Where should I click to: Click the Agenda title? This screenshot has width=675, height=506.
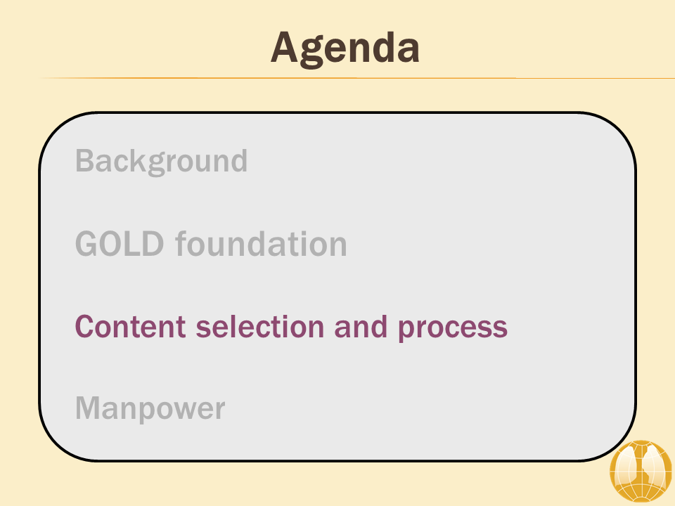pyautogui.click(x=345, y=48)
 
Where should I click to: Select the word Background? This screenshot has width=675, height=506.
pyautogui.click(x=162, y=162)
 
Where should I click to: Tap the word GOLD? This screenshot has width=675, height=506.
pyautogui.click(x=120, y=244)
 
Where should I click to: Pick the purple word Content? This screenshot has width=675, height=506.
pyautogui.click(x=131, y=327)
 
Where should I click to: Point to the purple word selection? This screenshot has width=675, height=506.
pyautogui.click(x=260, y=326)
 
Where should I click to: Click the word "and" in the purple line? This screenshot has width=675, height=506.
pyautogui.click(x=361, y=326)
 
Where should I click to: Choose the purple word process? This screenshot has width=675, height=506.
pyautogui.click(x=452, y=329)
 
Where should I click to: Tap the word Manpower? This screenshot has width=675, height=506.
pyautogui.click(x=150, y=408)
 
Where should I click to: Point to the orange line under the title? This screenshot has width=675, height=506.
pyautogui.click(x=356, y=78)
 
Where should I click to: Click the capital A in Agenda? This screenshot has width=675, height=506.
pyautogui.click(x=285, y=47)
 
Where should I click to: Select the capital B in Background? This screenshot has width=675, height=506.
pyautogui.click(x=84, y=160)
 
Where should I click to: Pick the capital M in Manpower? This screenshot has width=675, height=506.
pyautogui.click(x=88, y=408)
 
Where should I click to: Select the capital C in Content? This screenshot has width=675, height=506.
pyautogui.click(x=85, y=326)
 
